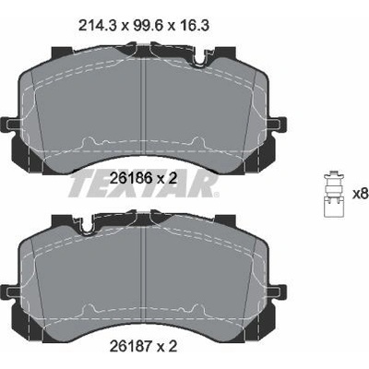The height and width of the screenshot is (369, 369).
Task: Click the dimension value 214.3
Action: (98, 26)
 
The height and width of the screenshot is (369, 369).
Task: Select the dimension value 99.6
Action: (147, 26)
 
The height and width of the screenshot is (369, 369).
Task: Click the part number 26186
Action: (131, 178)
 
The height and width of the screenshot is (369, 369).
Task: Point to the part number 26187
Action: (131, 347)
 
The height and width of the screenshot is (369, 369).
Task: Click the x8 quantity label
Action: (360, 194)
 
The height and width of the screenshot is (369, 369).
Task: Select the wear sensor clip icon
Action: (334, 195)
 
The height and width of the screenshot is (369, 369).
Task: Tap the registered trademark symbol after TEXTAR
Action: (217, 195)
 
